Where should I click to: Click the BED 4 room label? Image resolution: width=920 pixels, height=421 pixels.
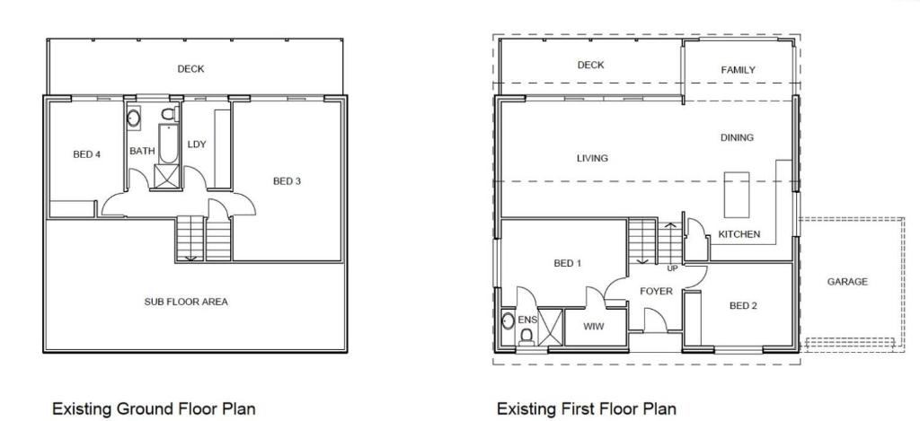click(87, 154)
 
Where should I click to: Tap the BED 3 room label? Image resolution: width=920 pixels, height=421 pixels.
click(287, 181)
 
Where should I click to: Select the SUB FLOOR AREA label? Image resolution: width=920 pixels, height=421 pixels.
click(186, 302)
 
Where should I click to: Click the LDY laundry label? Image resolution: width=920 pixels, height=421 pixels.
click(197, 145)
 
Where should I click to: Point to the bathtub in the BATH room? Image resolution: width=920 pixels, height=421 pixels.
click(168, 143)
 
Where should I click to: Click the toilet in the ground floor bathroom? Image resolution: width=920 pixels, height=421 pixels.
click(169, 113)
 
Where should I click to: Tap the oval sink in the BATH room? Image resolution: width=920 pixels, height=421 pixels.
click(134, 118)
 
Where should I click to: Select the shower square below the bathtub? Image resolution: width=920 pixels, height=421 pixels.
click(167, 177)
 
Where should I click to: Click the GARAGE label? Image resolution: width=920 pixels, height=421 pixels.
click(847, 282)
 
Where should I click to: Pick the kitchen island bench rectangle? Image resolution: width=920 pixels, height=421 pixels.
click(737, 195)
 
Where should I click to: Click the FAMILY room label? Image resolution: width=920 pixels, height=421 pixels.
click(739, 70)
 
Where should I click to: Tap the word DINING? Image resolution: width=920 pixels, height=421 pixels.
click(737, 138)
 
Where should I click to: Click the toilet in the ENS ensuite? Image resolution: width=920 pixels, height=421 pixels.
click(526, 337)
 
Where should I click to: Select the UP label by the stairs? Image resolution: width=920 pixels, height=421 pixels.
click(672, 268)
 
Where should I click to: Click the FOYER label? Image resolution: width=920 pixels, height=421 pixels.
click(656, 292)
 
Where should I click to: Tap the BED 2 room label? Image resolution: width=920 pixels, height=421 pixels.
click(744, 305)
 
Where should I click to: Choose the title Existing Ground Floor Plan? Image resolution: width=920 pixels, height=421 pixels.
click(154, 408)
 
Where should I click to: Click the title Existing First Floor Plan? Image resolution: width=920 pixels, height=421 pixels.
click(586, 408)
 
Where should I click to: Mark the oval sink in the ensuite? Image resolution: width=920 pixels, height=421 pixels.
click(509, 321)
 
